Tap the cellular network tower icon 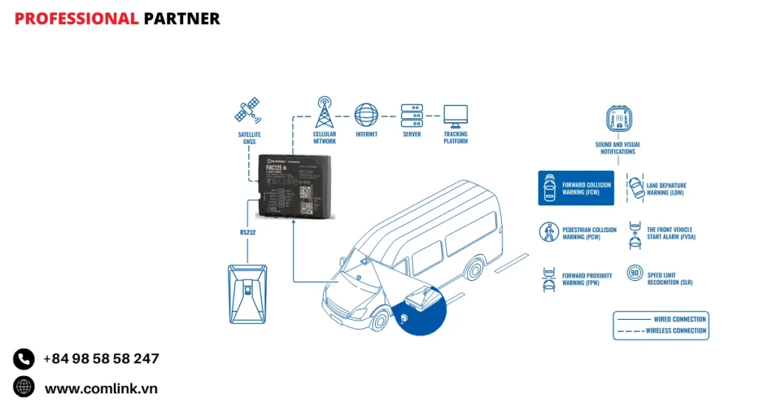pyautogui.click(x=324, y=112)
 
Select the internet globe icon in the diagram pyautogui.click(x=366, y=115)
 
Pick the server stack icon pyautogui.click(x=411, y=115)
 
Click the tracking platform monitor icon pyautogui.click(x=455, y=115)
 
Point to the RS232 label pyautogui.click(x=248, y=232)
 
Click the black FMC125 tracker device pyautogui.click(x=297, y=188)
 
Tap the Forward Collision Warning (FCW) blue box pyautogui.click(x=575, y=188)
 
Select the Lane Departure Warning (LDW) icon pyautogui.click(x=635, y=187)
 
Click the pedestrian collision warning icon pyautogui.click(x=549, y=233)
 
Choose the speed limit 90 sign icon pyautogui.click(x=634, y=275)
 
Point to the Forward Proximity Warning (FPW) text pyautogui.click(x=587, y=279)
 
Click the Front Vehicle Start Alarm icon pyautogui.click(x=634, y=233)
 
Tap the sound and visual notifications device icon pyautogui.click(x=618, y=121)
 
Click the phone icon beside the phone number pyautogui.click(x=24, y=359)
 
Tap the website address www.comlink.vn pyautogui.click(x=101, y=388)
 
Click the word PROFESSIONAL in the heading pyautogui.click(x=76, y=19)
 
